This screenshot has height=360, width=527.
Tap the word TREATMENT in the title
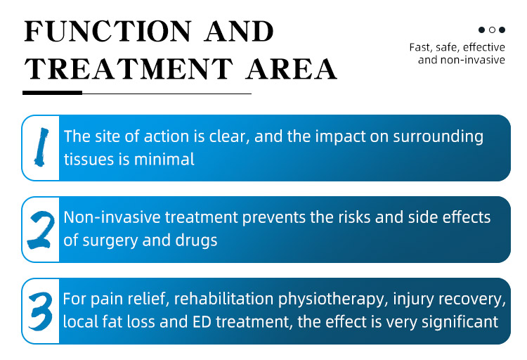point(131,68)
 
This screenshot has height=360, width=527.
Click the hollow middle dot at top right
point(493,30)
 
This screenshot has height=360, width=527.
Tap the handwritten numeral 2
point(41,229)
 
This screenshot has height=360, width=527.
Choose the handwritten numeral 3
point(40,311)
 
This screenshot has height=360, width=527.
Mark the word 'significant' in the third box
point(459,322)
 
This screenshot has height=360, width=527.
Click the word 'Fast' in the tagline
point(420,48)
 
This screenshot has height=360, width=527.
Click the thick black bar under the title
point(53,93)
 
